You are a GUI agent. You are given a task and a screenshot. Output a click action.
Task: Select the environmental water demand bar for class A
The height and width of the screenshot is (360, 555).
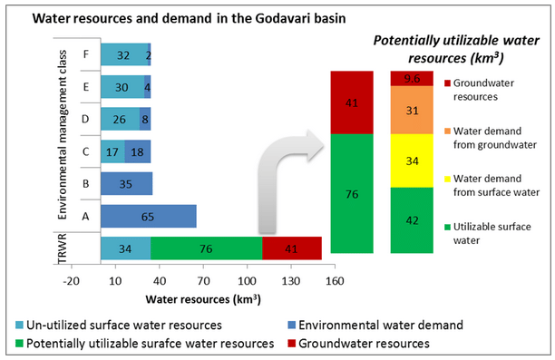coord(148,216)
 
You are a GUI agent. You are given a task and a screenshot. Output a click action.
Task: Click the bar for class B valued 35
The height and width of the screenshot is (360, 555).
coord(126,183)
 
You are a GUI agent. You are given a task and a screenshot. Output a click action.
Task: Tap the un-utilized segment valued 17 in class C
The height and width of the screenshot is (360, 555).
coord(112,151)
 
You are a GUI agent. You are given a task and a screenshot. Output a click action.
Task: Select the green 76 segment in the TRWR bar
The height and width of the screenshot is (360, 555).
coord(206,248)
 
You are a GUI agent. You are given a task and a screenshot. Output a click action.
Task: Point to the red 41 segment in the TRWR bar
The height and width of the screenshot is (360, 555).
coord(291,248)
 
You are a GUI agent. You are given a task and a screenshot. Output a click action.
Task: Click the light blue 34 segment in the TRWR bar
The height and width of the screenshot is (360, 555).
coord(125,248)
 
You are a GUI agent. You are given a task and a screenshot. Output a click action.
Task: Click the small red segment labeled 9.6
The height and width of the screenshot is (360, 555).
coord(412,78)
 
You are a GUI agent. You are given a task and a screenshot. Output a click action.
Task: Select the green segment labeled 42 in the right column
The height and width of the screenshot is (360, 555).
coord(412,220)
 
